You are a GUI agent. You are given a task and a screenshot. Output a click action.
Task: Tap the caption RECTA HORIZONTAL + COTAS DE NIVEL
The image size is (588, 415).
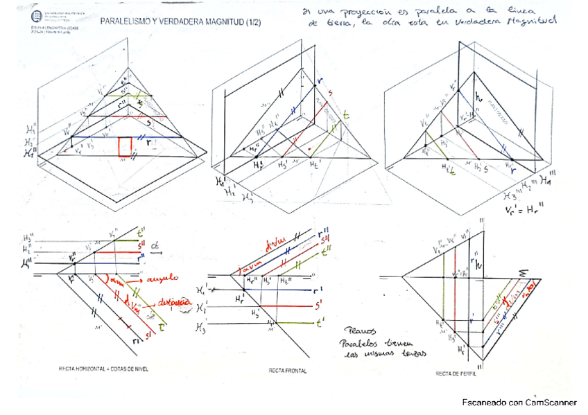(106, 368)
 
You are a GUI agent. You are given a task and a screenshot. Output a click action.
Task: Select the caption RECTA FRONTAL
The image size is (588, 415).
(287, 371)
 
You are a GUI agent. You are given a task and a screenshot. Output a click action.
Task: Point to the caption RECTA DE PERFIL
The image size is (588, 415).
(455, 373)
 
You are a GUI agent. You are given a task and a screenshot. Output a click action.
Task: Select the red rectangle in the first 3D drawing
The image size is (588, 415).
(125, 147)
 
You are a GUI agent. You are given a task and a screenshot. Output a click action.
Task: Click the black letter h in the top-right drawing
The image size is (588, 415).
(478, 98)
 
